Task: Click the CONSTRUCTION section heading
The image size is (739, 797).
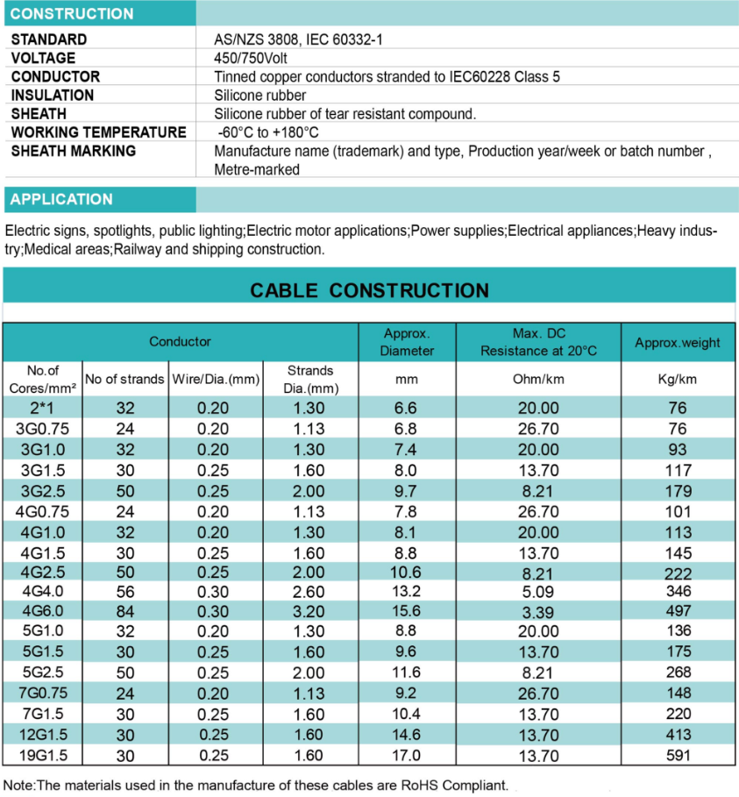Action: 72,14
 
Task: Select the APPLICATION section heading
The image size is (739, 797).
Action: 61,199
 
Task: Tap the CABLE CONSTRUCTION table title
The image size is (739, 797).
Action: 369,290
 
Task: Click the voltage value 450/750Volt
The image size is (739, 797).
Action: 251,58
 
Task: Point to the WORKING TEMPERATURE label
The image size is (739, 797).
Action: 98,132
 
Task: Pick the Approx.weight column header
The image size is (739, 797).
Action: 678,343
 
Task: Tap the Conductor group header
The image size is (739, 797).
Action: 180,342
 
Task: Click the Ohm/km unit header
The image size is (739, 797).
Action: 538,379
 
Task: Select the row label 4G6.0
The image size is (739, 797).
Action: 43,611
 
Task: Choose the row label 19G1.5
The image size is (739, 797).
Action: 43,755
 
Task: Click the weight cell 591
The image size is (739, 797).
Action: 678,755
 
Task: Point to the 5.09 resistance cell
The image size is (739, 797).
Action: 538,590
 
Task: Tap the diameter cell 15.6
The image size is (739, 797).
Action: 407,611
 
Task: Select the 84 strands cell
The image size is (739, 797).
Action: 124,611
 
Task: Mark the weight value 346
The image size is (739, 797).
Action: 678,590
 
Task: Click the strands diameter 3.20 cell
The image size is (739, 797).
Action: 309,611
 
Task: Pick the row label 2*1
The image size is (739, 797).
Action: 43,408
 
